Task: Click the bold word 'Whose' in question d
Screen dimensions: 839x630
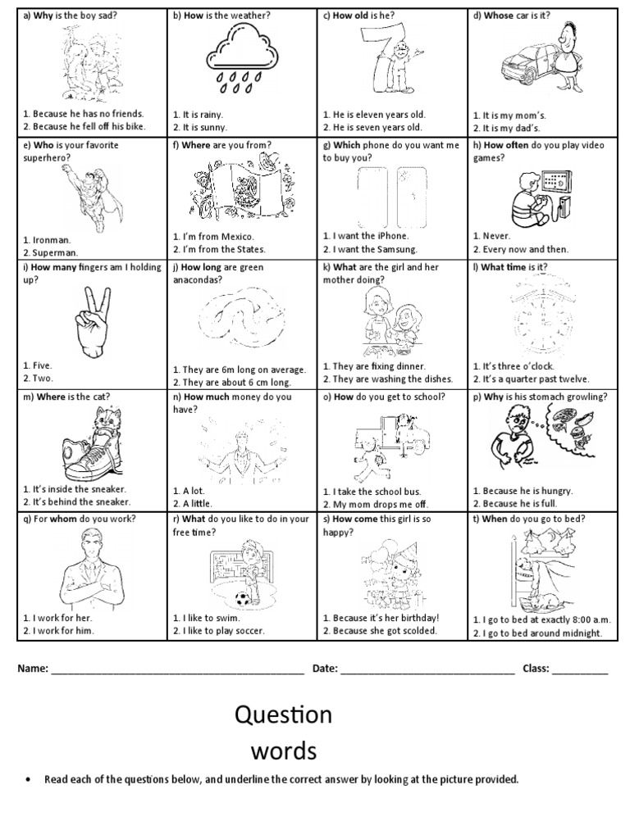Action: tap(499, 16)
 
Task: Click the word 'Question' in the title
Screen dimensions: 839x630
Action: tap(283, 715)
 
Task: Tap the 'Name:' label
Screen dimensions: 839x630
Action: tap(33, 669)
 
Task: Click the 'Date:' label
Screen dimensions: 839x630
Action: tap(325, 669)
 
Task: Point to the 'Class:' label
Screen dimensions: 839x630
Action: tap(536, 669)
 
